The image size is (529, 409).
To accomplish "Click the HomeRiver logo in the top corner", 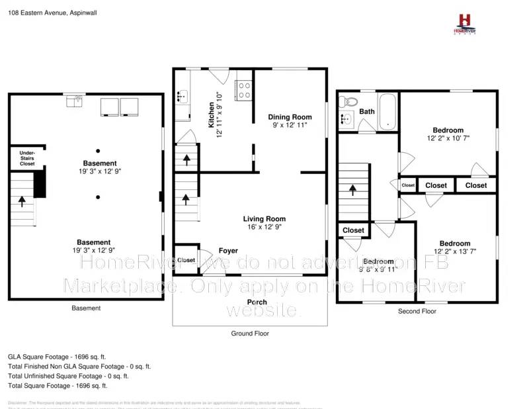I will coord(466,24).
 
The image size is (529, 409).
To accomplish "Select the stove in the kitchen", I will coord(243,89).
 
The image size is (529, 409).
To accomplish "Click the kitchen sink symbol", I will coord(182,97).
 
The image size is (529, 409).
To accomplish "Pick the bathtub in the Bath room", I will coord(387,112).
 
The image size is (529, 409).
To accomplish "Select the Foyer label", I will coord(228,251).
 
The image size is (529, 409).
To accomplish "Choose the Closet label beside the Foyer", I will coord(186,260).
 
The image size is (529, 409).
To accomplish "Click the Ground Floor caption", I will coord(249,334).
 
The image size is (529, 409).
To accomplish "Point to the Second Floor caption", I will coord(417,311).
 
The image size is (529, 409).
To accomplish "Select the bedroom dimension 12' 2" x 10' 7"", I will coord(448,139).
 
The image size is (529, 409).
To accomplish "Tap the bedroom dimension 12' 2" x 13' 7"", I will coord(456,251).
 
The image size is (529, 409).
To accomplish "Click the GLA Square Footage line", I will coord(58,356).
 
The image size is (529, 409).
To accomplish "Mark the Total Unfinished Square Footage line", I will coord(68,376).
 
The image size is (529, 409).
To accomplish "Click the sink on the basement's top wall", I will coord(74,100).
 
